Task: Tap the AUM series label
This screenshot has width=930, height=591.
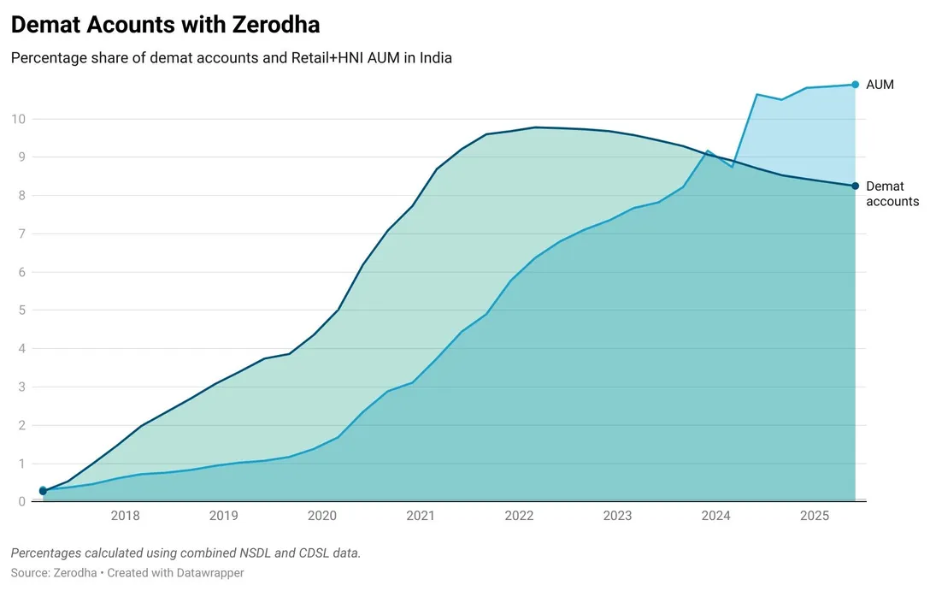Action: (x=880, y=85)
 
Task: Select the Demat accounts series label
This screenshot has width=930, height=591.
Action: (x=892, y=194)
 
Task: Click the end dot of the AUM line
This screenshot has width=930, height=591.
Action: (x=856, y=85)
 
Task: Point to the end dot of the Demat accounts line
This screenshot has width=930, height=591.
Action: (x=856, y=186)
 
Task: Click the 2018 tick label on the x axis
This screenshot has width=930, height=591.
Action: (x=126, y=516)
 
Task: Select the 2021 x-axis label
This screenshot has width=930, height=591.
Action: (x=421, y=516)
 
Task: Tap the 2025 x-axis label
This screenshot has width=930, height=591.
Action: (x=814, y=516)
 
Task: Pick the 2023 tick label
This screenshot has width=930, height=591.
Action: (x=617, y=516)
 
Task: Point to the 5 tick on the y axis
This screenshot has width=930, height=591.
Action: (x=22, y=310)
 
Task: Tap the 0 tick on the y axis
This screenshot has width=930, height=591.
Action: (x=22, y=502)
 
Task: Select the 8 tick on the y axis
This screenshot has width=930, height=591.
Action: (x=22, y=196)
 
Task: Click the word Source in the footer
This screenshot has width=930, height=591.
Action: (x=29, y=573)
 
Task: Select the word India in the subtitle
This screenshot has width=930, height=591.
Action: (x=433, y=58)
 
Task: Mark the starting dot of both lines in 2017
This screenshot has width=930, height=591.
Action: (x=43, y=491)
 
